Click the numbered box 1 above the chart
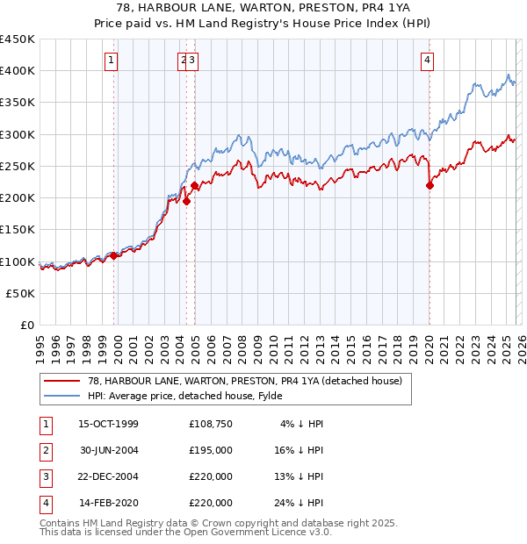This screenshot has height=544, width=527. pos(112,61)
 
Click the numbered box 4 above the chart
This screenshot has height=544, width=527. pos(427,61)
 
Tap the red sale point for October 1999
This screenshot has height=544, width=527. pos(114,255)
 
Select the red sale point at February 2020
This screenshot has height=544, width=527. pos(430,185)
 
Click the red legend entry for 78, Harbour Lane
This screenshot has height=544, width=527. pos(232,381)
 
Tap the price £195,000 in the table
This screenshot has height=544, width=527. pos(211,450)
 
